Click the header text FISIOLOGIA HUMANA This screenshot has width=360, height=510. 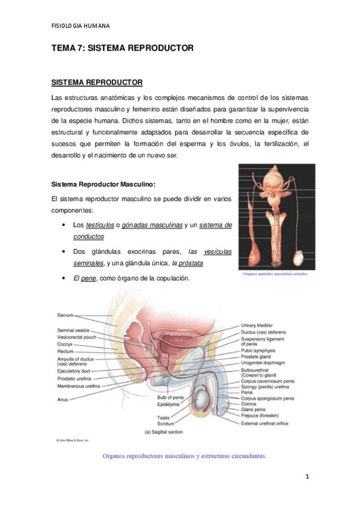pos(81,26)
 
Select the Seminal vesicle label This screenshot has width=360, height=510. pos(73,330)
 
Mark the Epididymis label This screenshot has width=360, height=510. pos(171,404)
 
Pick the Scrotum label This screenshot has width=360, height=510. pos(166,423)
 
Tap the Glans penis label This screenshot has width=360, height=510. pos(255,410)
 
